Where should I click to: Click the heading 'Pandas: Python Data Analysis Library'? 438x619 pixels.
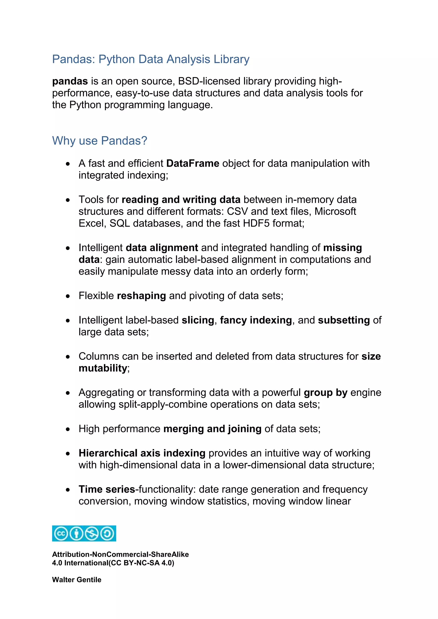(x=151, y=59)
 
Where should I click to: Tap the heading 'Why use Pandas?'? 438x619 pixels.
(x=99, y=141)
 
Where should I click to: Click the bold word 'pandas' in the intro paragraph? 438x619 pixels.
(x=70, y=81)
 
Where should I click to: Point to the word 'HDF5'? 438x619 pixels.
(x=256, y=223)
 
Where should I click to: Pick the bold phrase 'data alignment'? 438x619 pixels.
(x=162, y=248)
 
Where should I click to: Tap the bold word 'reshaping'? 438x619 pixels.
(x=141, y=296)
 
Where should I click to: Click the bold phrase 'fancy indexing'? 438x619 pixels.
(x=256, y=320)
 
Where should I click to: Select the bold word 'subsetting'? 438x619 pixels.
(x=344, y=320)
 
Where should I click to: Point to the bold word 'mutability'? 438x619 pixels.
(x=103, y=368)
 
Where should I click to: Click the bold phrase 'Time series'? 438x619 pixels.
(x=107, y=489)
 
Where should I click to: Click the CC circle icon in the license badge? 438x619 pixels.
(x=61, y=534)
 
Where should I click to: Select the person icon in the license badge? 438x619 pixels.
(x=77, y=534)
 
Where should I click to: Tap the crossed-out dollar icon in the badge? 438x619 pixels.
(x=92, y=534)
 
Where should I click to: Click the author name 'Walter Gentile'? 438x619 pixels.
(x=77, y=580)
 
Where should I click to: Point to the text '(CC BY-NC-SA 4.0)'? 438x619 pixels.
(x=141, y=563)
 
